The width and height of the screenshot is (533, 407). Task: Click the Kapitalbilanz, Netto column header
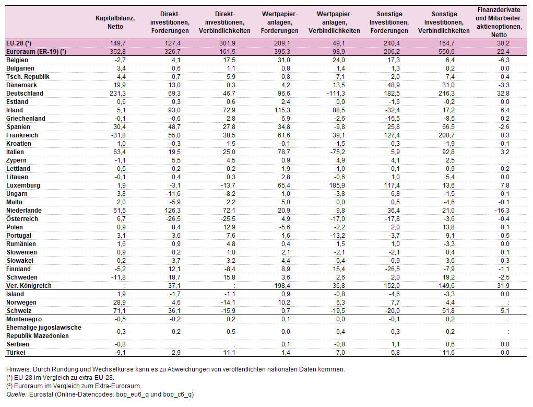(115, 22)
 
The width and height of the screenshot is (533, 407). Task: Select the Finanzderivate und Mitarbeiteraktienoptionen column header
(499, 22)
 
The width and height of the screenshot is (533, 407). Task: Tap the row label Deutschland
(25, 94)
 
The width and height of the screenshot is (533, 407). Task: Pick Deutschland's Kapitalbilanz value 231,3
(117, 94)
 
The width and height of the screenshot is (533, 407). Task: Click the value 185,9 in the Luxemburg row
(337, 185)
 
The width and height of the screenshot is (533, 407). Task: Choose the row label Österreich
(22, 219)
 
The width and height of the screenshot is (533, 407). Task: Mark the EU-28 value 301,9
(227, 43)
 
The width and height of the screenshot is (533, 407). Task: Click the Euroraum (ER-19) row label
(37, 52)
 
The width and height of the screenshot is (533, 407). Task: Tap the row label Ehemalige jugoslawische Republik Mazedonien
(44, 332)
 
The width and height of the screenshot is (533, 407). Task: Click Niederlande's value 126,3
(172, 211)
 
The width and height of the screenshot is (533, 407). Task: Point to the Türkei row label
(16, 353)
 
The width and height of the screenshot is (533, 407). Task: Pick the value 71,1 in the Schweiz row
(120, 311)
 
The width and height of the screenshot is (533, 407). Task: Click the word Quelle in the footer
(16, 394)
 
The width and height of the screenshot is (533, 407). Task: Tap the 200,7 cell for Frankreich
(446, 135)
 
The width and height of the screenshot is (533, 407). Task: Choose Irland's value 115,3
(282, 110)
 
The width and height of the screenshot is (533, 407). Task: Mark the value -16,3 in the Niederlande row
(502, 211)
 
